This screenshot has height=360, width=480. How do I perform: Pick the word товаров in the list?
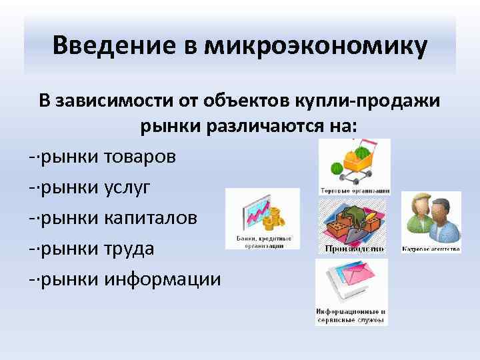click(x=141, y=157)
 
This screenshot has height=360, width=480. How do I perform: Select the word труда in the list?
click(x=129, y=249)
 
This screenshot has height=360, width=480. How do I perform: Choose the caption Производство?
click(x=354, y=249)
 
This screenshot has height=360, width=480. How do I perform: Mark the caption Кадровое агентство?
click(x=431, y=249)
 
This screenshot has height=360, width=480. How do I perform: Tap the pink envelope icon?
click(x=351, y=281)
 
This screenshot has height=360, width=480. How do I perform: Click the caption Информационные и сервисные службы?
click(x=351, y=315)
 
